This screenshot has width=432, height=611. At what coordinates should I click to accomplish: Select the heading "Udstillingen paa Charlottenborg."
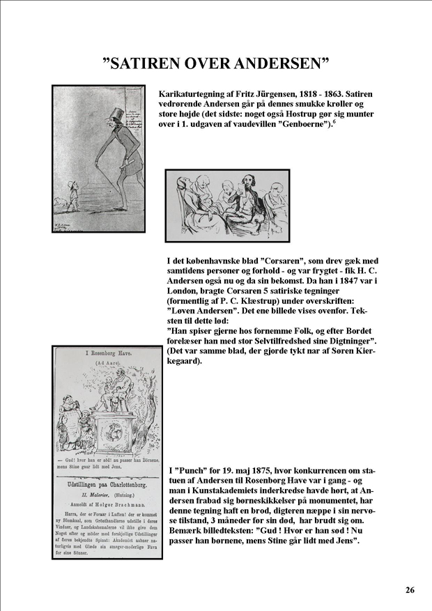click(x=107, y=483)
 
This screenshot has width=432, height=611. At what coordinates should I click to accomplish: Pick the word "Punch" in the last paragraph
click(x=190, y=470)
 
